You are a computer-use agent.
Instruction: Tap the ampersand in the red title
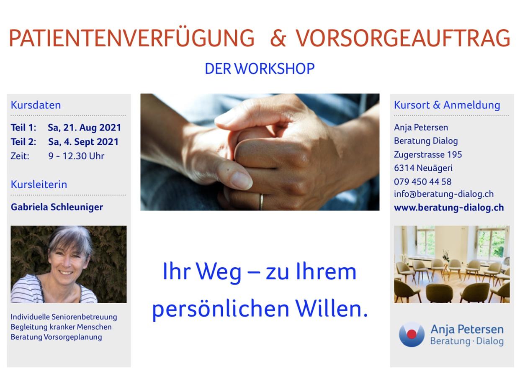278,38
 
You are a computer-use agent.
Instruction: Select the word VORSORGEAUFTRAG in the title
403,38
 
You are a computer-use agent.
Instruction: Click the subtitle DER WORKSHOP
260,69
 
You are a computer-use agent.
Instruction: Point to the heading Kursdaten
36,105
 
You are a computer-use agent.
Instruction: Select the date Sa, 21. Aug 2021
84,128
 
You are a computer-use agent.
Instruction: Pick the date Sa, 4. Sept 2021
83,142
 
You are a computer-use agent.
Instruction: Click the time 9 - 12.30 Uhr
76,156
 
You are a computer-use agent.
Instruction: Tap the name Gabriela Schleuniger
57,207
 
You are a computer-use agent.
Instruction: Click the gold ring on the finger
261,202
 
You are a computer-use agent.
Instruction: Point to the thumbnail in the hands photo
241,180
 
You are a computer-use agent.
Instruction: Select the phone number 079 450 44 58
422,182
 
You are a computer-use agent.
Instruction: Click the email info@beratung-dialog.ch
444,194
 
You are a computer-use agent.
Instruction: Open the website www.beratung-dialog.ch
449,207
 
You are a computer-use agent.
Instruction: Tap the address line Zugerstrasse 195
428,154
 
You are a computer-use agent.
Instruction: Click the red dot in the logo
412,334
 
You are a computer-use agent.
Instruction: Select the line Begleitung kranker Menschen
61,327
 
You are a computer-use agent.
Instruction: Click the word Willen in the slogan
331,309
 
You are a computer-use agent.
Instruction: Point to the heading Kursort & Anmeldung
447,105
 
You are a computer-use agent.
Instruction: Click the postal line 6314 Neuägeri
423,168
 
